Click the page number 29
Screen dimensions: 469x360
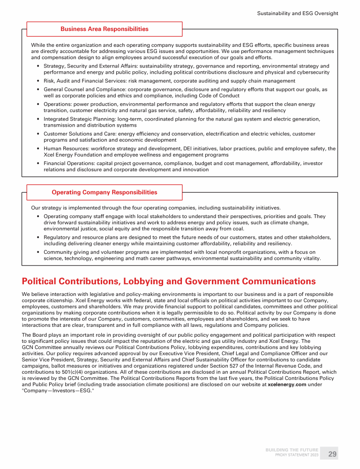pyautogui.click(x=332, y=454)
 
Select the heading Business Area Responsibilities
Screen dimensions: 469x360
pyautogui.click(x=105, y=29)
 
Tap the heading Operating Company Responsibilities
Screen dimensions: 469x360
pyautogui.click(x=105, y=192)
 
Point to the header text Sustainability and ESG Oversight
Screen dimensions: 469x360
pyautogui.click(x=298, y=13)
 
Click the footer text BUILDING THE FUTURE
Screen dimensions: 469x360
pyautogui.click(x=292, y=450)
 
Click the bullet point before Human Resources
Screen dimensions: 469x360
pyautogui.click(x=37, y=149)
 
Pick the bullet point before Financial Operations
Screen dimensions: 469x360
pyautogui.click(x=37, y=164)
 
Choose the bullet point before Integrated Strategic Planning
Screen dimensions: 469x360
pyautogui.click(x=37, y=119)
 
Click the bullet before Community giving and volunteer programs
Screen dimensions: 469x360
pyautogui.click(x=37, y=252)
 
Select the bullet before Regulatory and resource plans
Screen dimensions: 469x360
pyautogui.click(x=37, y=237)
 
